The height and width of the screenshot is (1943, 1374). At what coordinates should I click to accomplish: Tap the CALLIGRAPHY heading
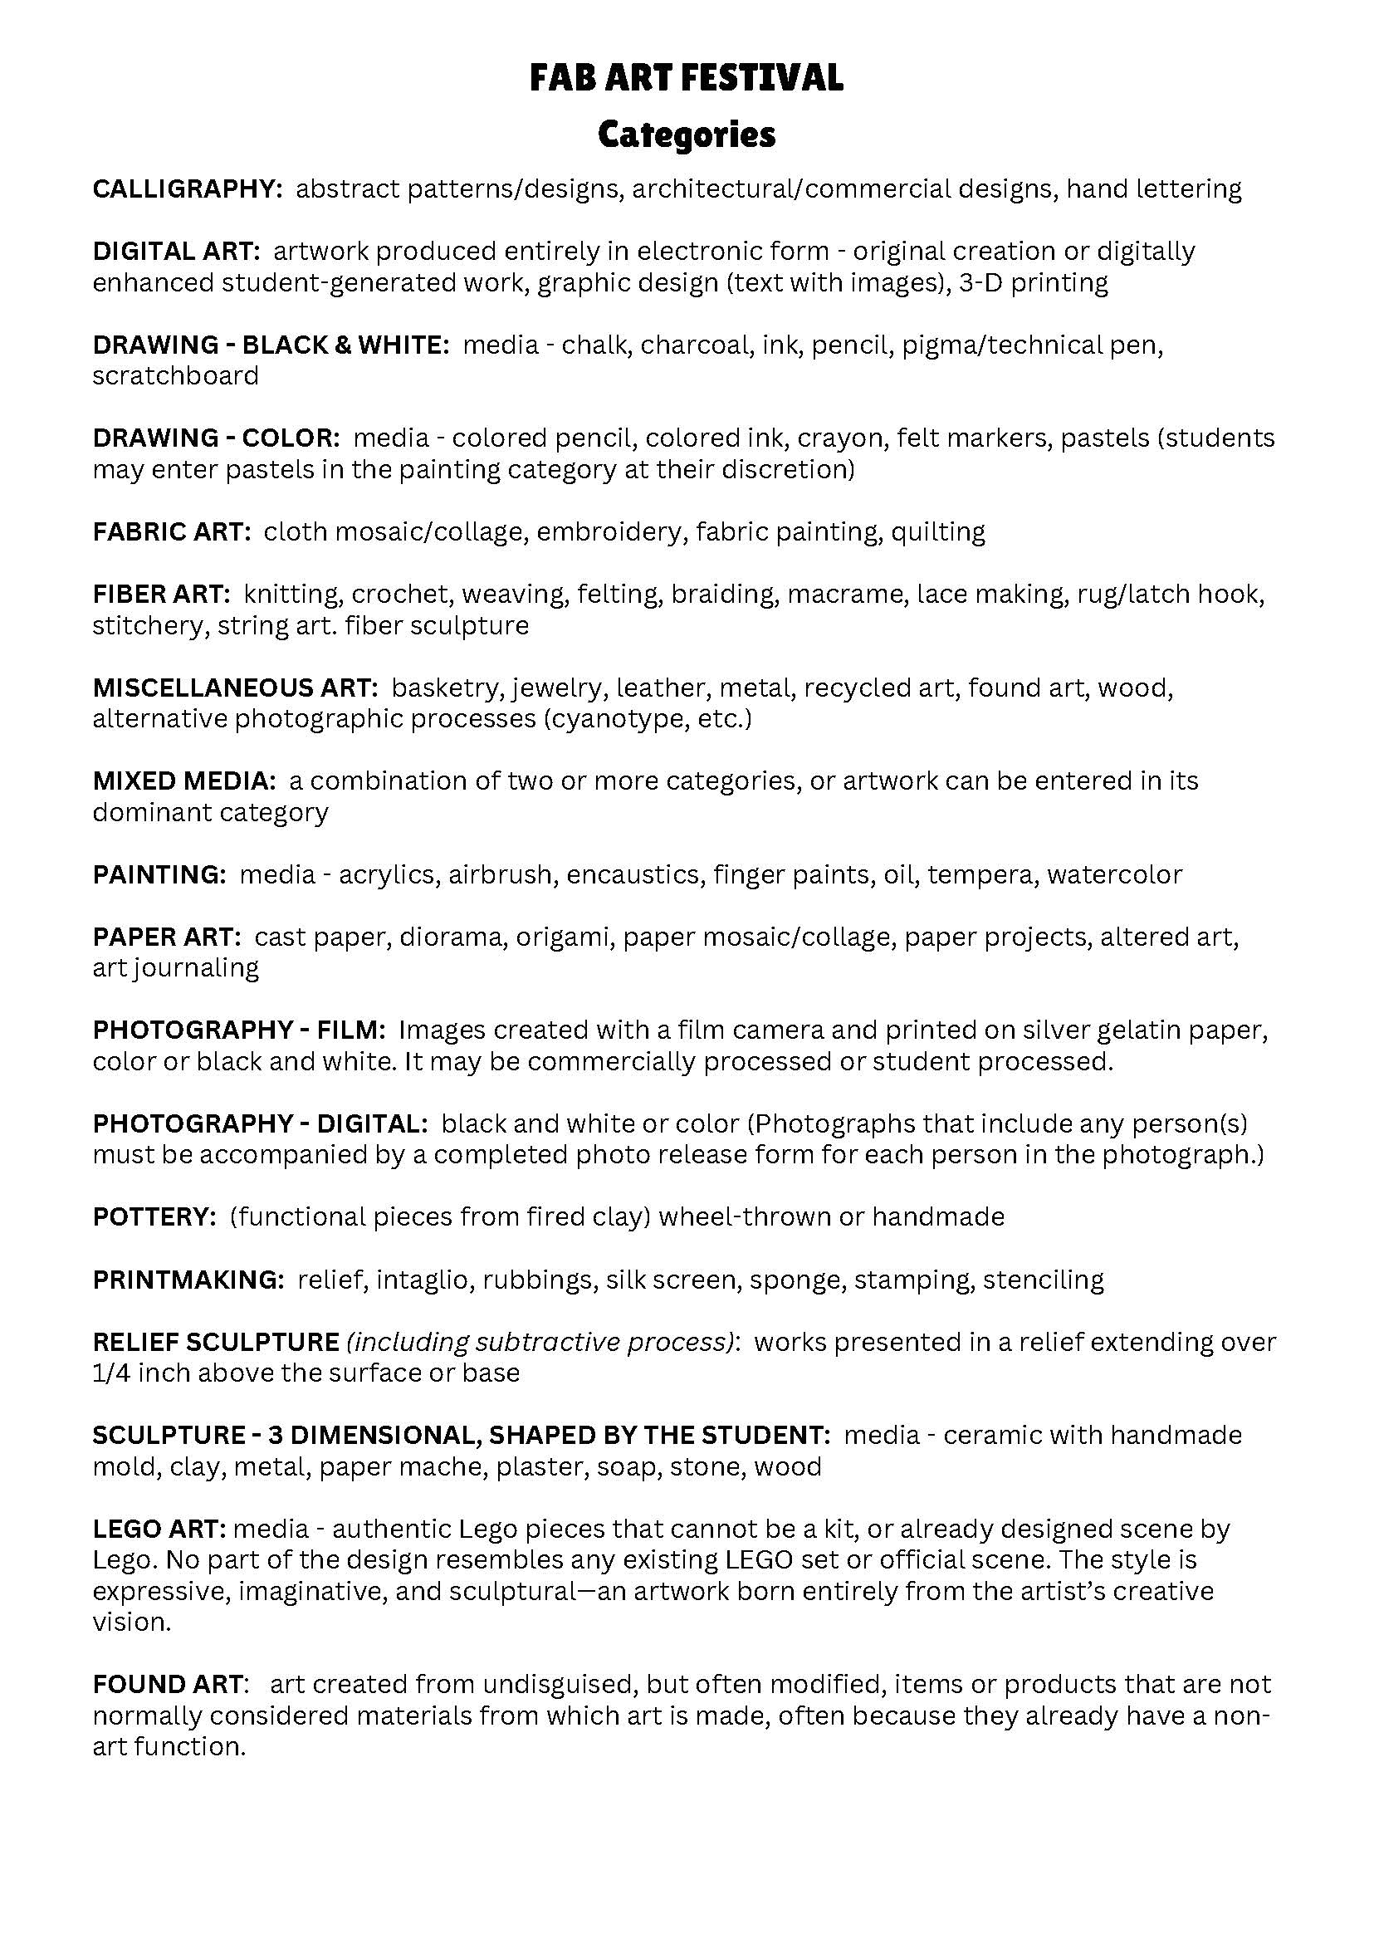(x=187, y=188)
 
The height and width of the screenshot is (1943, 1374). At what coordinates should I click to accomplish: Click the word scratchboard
(x=176, y=376)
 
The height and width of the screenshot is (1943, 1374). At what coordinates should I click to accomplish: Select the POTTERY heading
(x=154, y=1218)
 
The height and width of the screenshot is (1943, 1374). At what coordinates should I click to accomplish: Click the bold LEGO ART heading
(x=159, y=1529)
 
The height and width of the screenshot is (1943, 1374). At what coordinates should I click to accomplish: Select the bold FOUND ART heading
(x=170, y=1685)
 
